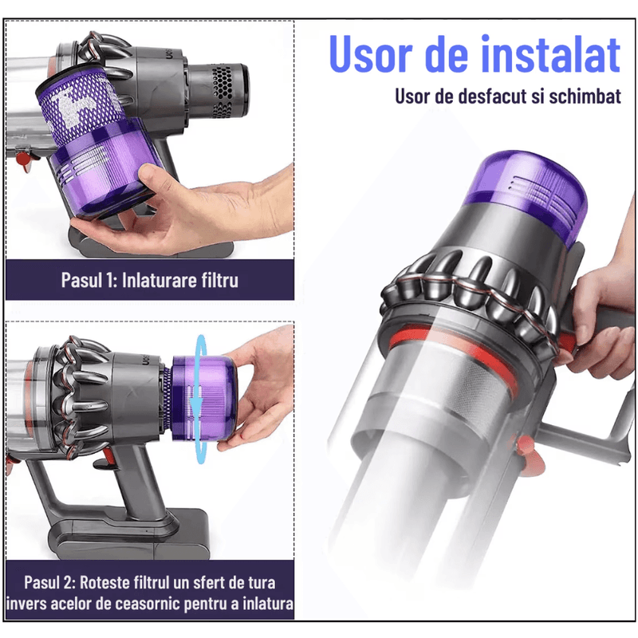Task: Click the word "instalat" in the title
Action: [x=549, y=54]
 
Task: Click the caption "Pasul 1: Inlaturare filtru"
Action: [x=150, y=280]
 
